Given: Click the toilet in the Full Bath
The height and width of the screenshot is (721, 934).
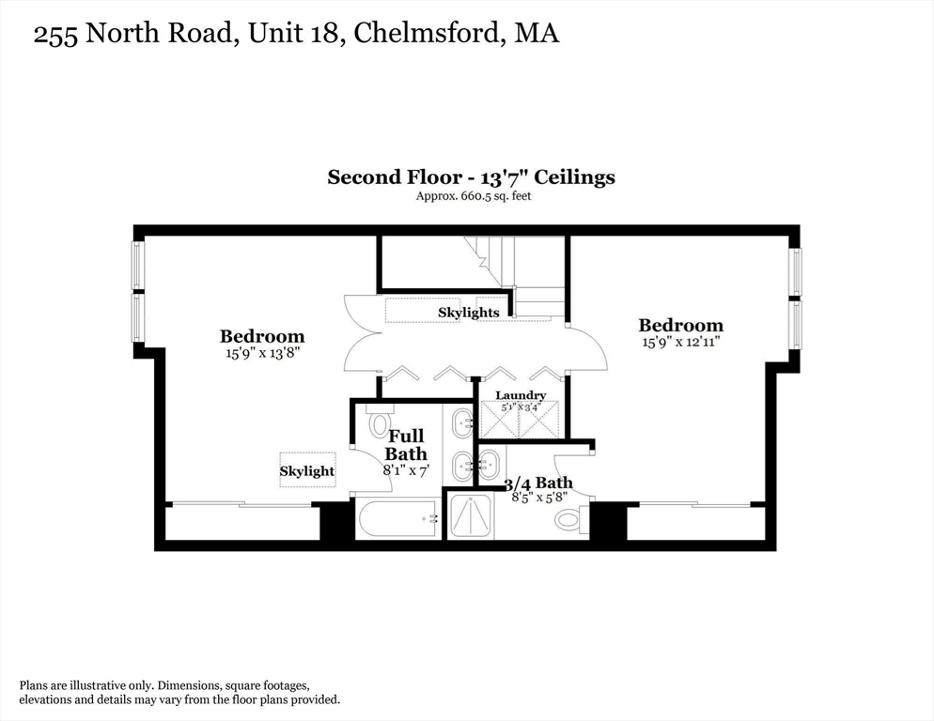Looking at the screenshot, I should (380, 423).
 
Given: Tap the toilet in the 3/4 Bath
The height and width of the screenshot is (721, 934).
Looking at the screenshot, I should (568, 519).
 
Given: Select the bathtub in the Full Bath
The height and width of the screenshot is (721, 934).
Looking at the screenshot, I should (397, 518).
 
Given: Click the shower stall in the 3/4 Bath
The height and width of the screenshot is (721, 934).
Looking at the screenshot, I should (470, 516).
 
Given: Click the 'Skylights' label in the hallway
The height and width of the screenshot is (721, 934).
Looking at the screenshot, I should (468, 312).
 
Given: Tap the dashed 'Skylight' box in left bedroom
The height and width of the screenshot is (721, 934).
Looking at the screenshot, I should (307, 470).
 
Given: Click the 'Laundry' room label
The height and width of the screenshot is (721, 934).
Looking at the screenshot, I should (521, 395).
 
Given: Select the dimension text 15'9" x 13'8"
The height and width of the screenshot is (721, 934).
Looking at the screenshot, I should (261, 353).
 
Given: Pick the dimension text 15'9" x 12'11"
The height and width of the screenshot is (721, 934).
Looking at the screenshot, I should (680, 343).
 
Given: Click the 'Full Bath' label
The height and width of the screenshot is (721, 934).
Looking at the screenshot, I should (406, 445).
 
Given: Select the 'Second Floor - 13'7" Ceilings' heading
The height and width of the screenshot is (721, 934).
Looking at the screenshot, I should (471, 176).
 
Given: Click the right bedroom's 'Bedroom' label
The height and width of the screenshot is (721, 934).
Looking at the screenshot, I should (680, 326).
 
